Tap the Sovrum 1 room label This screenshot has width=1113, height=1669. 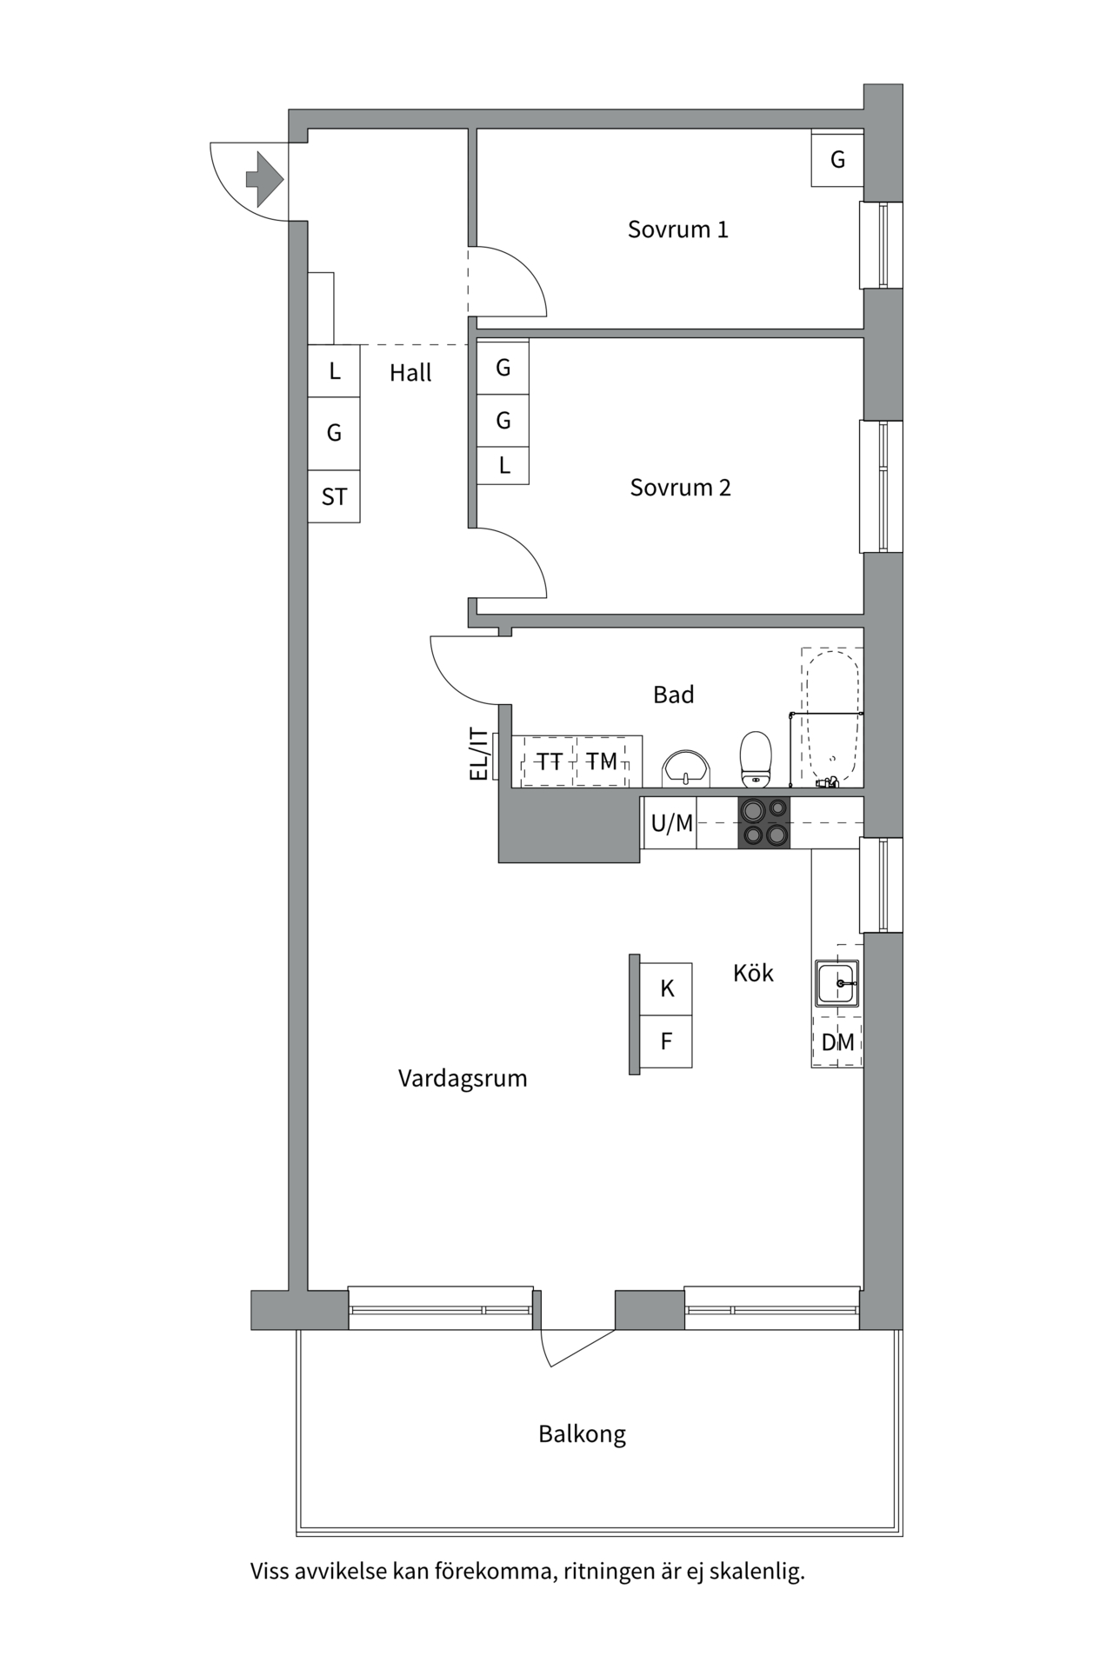677,229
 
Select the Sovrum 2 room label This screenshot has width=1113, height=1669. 680,488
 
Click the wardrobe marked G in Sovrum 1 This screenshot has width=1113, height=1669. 837,159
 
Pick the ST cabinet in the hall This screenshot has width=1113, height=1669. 334,497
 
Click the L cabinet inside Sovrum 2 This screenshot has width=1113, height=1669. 503,466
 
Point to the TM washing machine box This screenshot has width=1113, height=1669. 602,761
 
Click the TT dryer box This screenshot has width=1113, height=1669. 549,761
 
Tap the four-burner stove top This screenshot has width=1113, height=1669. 764,822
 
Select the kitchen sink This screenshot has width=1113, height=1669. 836,983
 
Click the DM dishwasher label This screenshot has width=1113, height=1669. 837,1041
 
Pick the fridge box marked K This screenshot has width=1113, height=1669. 667,988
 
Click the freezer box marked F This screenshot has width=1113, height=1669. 667,1041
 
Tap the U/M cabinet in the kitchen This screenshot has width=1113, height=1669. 671,822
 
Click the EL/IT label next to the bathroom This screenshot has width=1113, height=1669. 478,754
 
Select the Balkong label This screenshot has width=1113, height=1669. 582,1433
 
